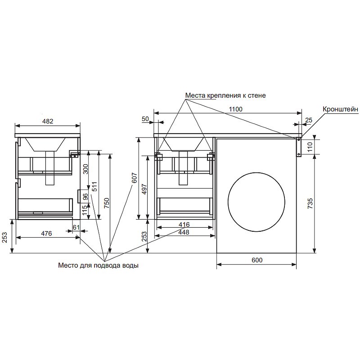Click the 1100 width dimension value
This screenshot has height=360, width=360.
(235, 109)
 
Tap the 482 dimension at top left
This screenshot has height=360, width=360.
(48, 121)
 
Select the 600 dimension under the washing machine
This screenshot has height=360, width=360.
(257, 260)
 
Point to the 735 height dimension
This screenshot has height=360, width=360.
(310, 203)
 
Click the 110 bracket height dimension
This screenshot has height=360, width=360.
(310, 147)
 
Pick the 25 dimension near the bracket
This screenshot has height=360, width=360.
(309, 120)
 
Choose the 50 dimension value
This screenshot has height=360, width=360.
(145, 119)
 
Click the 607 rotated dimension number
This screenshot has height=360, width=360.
(134, 178)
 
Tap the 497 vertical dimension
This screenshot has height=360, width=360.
(144, 189)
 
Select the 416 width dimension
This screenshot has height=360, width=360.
(184, 224)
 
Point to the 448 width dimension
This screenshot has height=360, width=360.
(184, 232)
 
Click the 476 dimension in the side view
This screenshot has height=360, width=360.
(46, 234)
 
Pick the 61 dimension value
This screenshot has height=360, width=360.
(76, 227)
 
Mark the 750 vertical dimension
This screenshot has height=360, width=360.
(107, 203)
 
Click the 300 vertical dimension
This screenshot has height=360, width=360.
(85, 169)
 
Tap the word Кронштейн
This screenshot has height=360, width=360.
(341, 109)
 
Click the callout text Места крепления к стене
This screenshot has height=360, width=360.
(225, 95)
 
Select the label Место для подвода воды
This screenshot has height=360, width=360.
(98, 265)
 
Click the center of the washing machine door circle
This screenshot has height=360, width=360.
(256, 202)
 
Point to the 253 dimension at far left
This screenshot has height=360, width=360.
(5, 237)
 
